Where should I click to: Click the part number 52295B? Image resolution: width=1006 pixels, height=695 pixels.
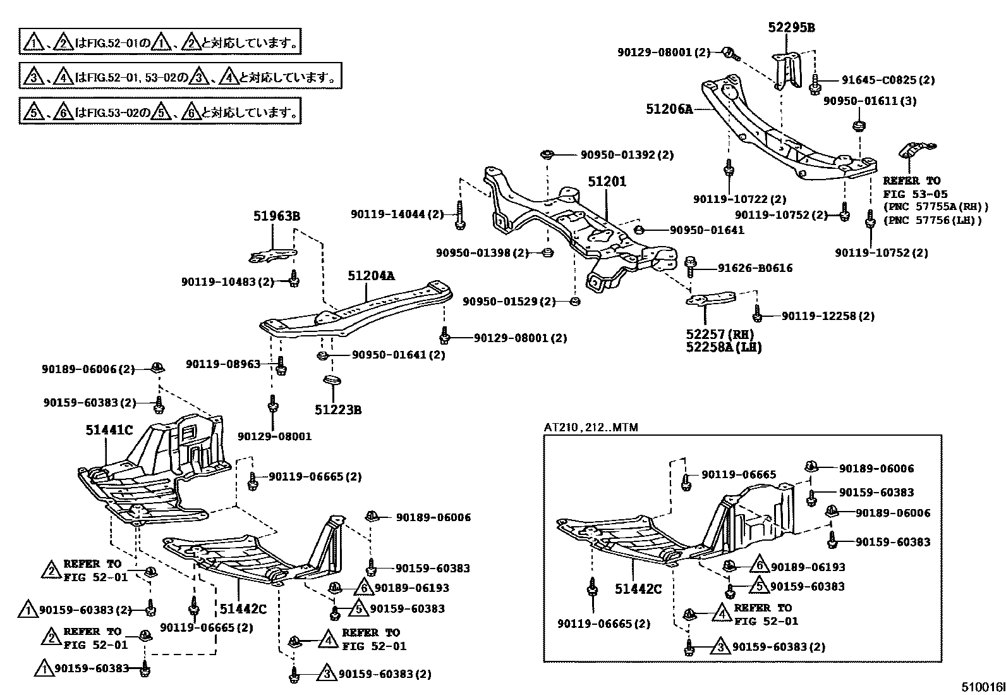pos(791,27)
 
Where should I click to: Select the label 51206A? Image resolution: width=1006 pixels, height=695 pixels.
pos(669,109)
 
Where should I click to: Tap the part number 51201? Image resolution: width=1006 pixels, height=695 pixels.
pos(607,181)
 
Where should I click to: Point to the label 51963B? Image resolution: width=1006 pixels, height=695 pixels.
pos(277,216)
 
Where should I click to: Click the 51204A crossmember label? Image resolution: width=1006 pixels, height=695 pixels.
pos(371,276)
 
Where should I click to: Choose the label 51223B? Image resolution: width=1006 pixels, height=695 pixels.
pos(338,410)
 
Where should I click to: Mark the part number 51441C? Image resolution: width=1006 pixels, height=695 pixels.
pos(109,430)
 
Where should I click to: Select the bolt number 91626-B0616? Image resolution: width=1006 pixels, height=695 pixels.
pos(755,268)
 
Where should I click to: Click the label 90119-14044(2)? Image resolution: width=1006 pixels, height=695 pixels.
pos(398,214)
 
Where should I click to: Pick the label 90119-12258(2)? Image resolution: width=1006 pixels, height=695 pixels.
pos(828,316)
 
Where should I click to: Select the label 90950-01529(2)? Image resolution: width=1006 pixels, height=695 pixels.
pos(509,301)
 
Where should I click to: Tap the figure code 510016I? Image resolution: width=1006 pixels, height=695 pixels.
pos(983,687)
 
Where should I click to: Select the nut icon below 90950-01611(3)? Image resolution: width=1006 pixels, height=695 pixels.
pos(858,125)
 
